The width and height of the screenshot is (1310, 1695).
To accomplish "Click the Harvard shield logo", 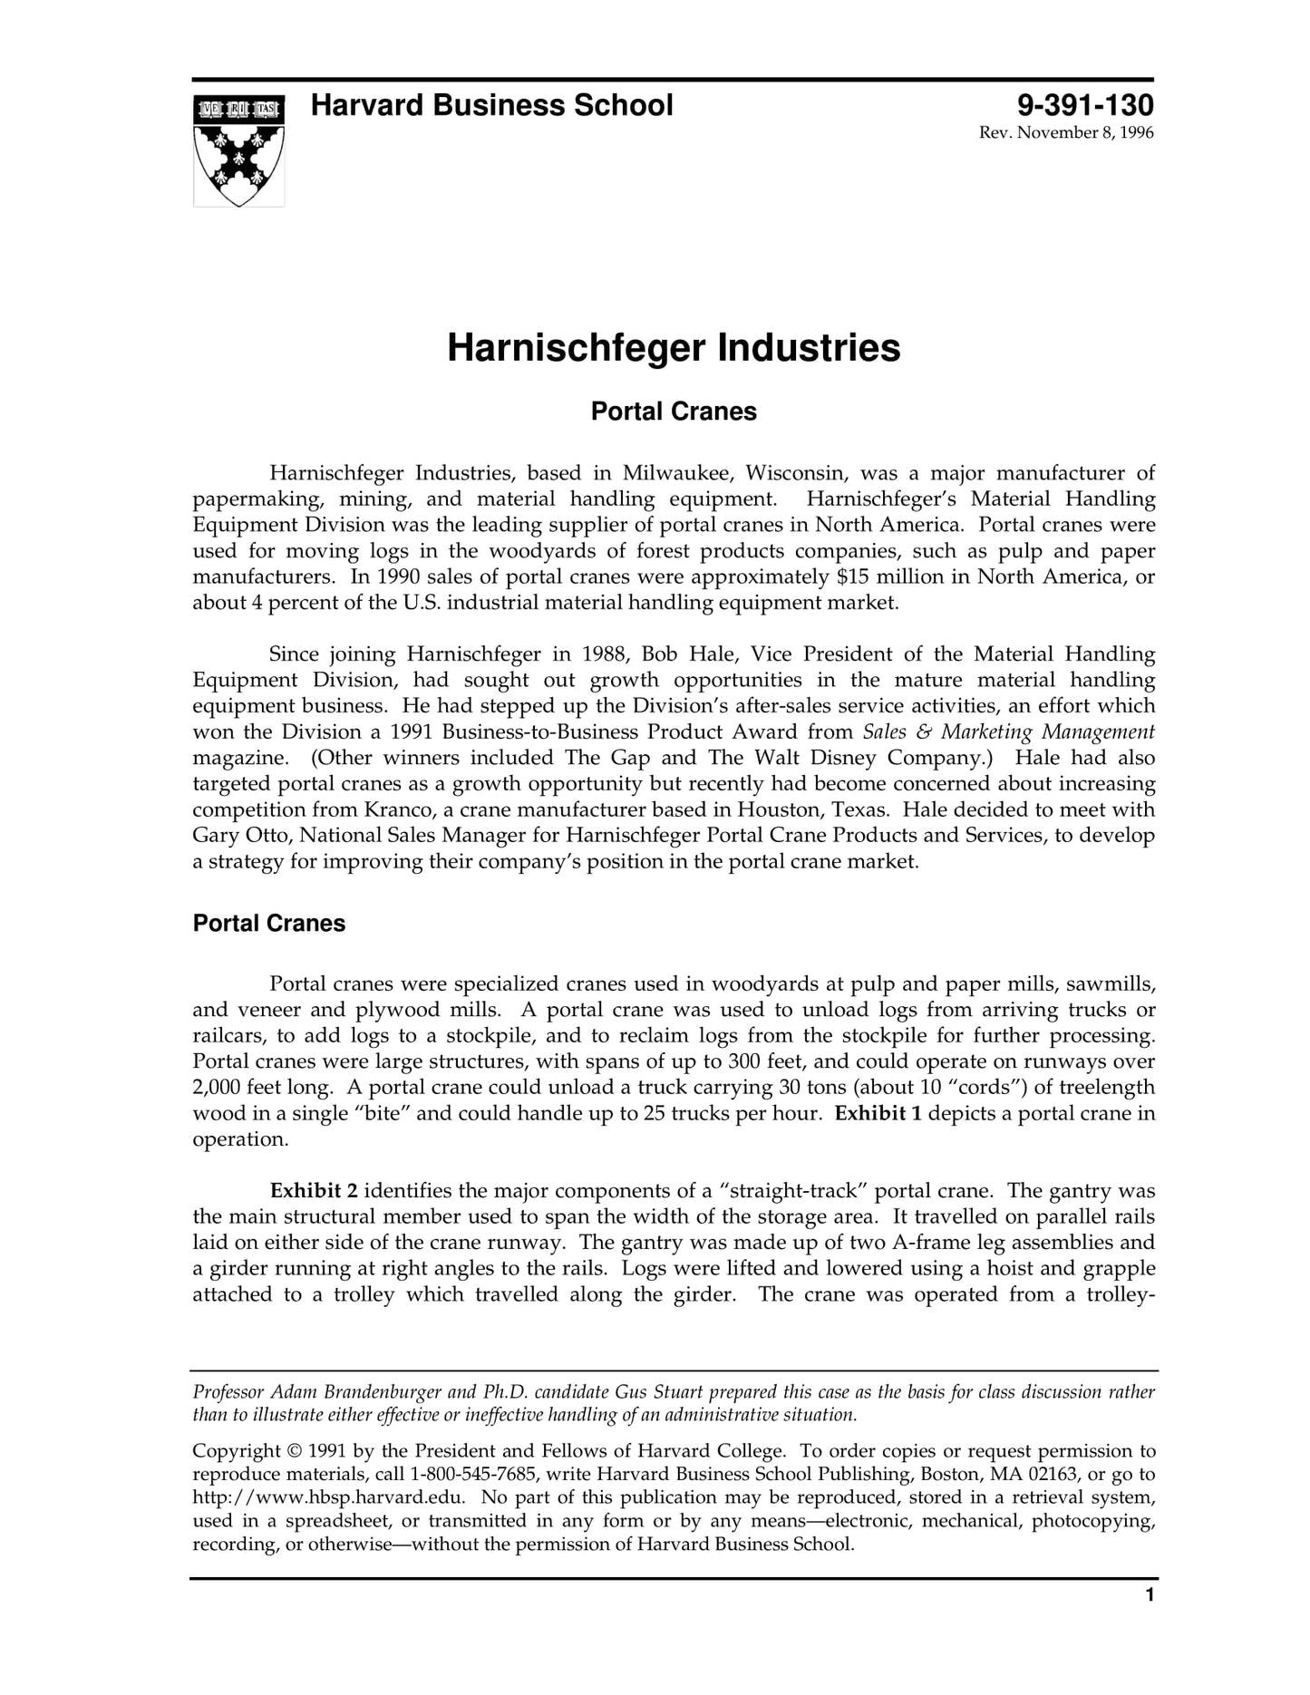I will pos(238,150).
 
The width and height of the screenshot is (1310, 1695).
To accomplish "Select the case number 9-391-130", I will pos(1084,106).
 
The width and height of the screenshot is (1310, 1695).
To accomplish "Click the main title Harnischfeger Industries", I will pos(674,348).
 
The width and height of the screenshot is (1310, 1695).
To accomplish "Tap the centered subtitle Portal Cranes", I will pos(674,412).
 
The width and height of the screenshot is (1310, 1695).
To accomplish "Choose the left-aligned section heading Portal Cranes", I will pos(269,924).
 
